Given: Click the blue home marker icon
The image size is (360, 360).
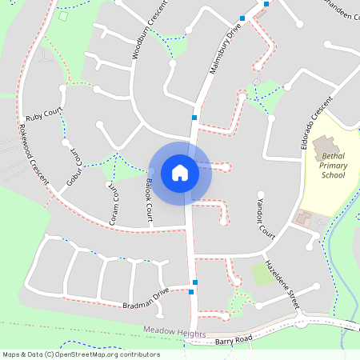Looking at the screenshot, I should (180, 172).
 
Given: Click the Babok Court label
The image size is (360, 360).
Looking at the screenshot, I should (149, 201).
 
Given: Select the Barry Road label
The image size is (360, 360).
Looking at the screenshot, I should (234, 341).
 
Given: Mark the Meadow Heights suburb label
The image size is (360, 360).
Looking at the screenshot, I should (174, 331).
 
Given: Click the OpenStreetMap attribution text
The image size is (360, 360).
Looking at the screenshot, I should (81, 354).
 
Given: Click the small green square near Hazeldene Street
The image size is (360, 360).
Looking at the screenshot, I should (261, 274).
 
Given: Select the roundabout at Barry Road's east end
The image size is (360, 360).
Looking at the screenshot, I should (300, 323).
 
